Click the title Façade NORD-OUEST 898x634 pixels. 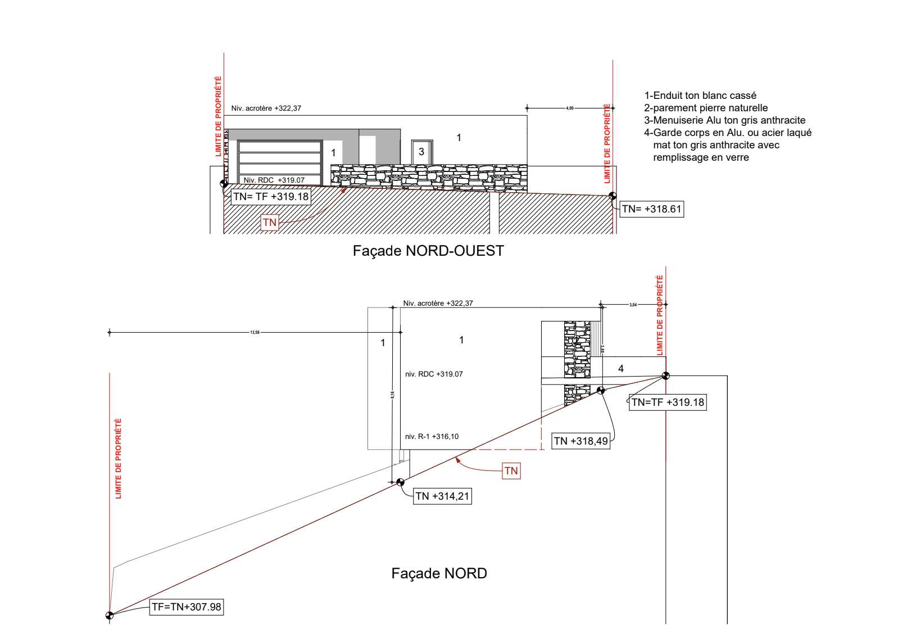tap(428, 251)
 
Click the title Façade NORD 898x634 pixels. tap(439, 573)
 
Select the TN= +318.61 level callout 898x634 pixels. tap(652, 209)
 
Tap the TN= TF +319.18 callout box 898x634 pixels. tap(271, 197)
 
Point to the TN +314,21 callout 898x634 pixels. tap(442, 496)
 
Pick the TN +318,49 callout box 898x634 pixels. tap(581, 441)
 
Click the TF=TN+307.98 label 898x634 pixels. tap(187, 607)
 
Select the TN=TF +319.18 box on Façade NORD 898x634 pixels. tap(668, 402)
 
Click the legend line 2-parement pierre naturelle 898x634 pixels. tap(706, 108)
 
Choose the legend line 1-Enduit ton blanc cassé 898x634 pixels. tap(700, 96)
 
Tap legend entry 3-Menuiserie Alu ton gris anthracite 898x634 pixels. tap(724, 120)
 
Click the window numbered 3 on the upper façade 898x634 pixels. tap(421, 152)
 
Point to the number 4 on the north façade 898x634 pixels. tap(621, 369)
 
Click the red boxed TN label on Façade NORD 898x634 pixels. tap(511, 471)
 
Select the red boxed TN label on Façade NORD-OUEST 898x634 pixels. tap(270, 223)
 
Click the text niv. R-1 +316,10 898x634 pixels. tap(432, 437)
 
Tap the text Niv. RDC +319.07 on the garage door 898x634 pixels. tap(274, 180)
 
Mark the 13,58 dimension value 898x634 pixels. tap(255, 333)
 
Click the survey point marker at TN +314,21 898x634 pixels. tap(401, 482)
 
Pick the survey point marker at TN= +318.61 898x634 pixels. tap(613, 196)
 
